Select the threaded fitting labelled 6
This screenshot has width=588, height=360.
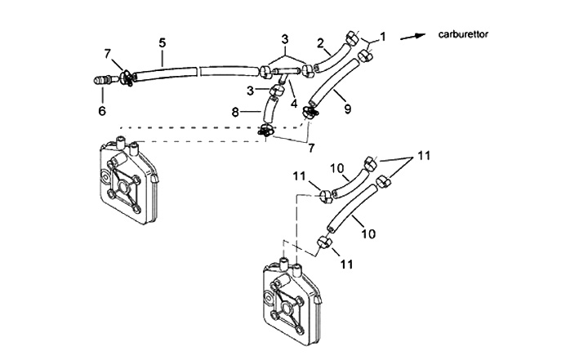tap(102, 81)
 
